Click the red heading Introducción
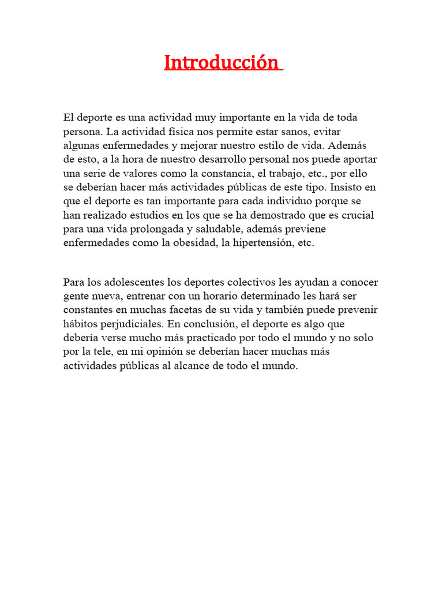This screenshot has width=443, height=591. pyautogui.click(x=222, y=62)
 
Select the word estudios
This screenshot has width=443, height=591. pyautogui.click(x=147, y=215)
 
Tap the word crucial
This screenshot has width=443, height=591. pyautogui.click(x=356, y=215)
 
